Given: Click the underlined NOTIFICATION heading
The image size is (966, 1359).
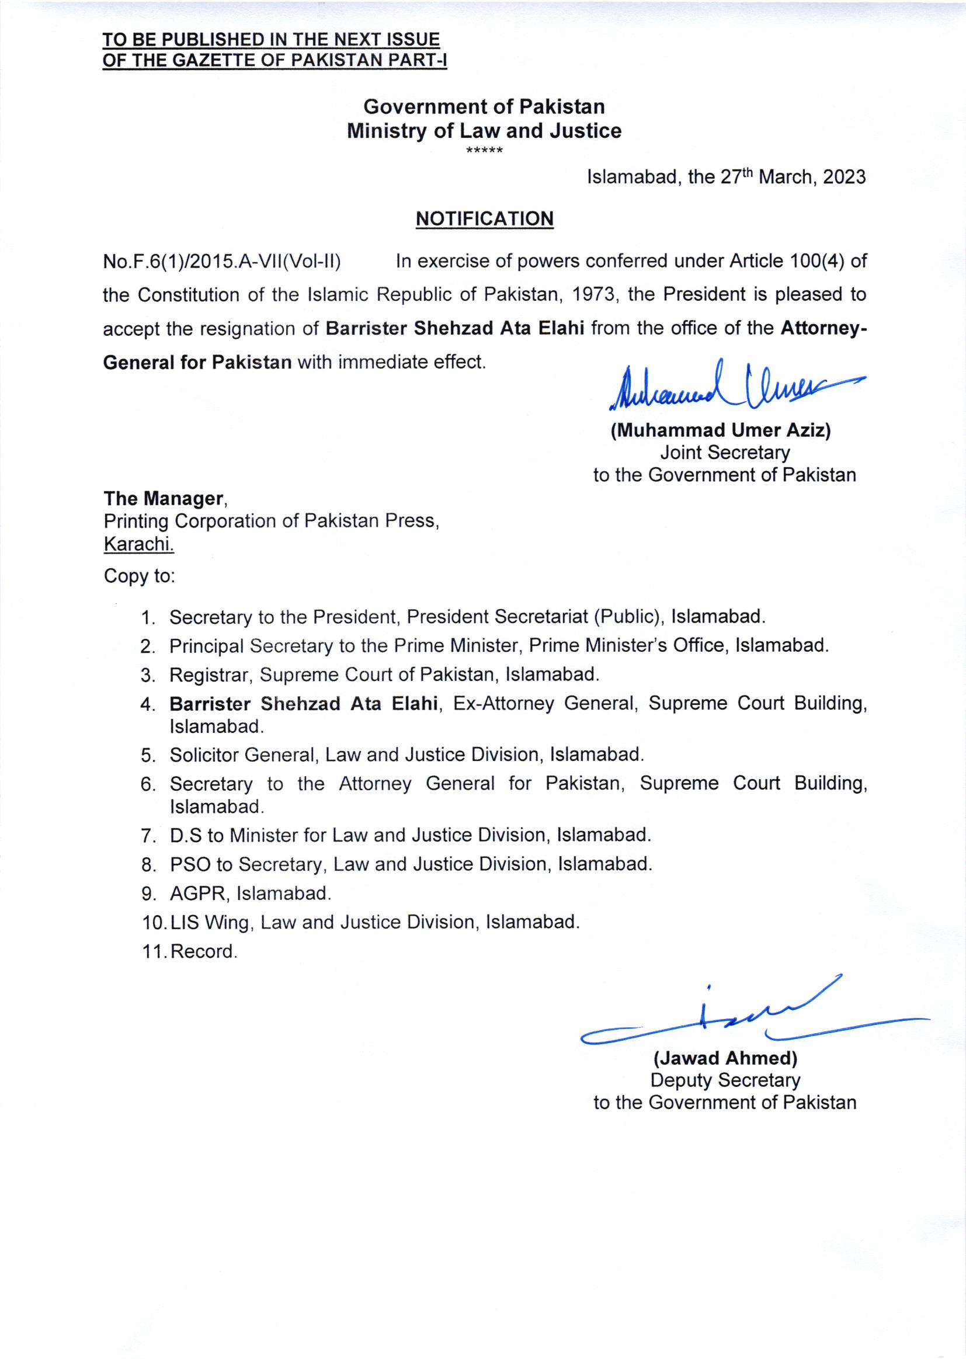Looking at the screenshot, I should [484, 219].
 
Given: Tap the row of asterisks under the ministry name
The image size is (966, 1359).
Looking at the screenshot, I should [485, 150].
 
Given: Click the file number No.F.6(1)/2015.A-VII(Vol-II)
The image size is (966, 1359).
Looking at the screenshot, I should [222, 262].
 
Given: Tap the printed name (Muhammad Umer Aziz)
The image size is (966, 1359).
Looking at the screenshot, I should [720, 430].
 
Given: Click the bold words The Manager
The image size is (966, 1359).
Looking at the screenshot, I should [163, 498].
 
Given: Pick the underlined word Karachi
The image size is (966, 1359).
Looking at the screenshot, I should [138, 544].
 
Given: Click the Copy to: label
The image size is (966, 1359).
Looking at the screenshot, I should [139, 576].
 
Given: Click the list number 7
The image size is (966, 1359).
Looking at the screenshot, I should [148, 836].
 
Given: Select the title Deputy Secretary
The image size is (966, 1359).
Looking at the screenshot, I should [725, 1080].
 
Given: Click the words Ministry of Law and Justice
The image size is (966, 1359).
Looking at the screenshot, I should [484, 131].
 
